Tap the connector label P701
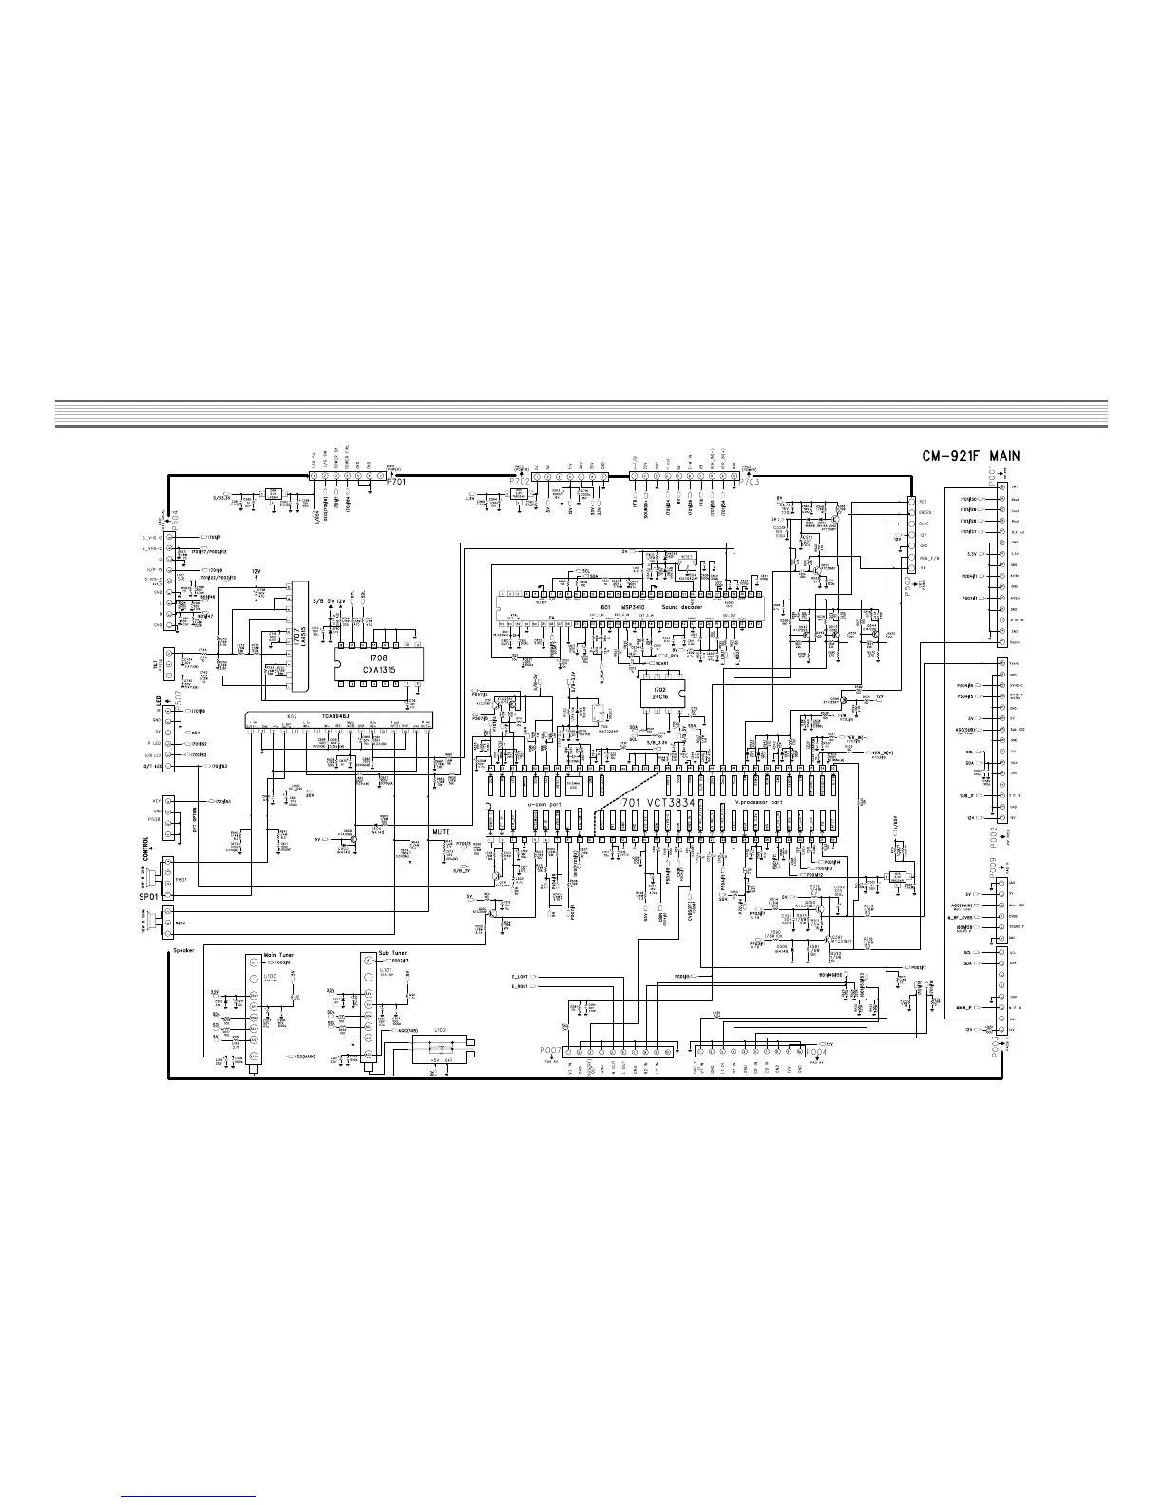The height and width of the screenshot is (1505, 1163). click(x=398, y=482)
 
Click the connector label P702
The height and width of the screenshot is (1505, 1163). click(x=519, y=482)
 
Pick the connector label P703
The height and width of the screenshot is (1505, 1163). click(x=748, y=482)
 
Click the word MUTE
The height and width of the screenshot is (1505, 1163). click(x=441, y=832)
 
